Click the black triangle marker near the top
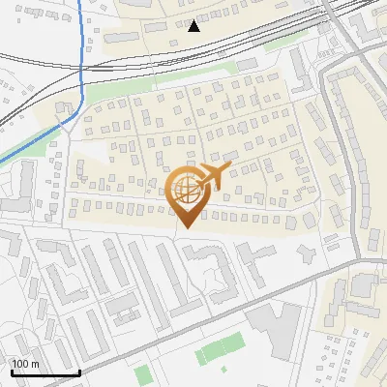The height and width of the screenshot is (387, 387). coord(194,25)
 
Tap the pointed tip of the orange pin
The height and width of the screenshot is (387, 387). coord(184,228)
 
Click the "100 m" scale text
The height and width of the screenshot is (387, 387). coord(26,364)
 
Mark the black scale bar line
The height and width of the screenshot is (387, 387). coord(45,372)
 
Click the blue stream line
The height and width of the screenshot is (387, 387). coord(81,58)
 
